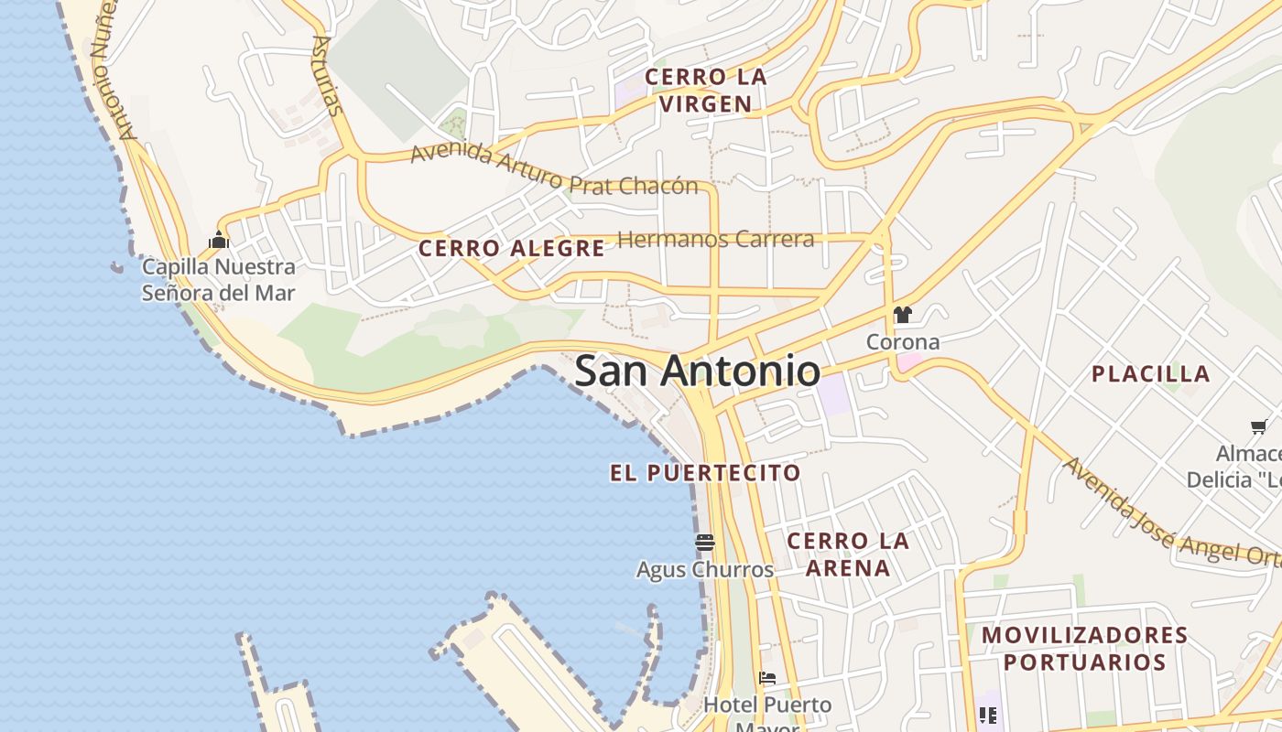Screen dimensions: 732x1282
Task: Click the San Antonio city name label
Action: tap(697, 371)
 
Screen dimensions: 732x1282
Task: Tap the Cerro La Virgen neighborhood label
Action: tap(705, 91)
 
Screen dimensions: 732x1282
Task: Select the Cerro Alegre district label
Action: tap(511, 248)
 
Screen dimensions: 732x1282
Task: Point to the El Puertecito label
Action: tap(705, 473)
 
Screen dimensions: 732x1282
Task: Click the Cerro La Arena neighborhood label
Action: tap(848, 554)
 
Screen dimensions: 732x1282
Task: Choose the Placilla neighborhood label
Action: tap(1150, 373)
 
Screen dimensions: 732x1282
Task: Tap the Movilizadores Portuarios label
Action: tap(1084, 648)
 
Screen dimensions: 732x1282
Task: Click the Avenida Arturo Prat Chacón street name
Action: tap(553, 172)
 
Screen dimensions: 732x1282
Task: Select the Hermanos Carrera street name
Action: tap(715, 240)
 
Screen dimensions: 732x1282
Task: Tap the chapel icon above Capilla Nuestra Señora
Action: tap(218, 241)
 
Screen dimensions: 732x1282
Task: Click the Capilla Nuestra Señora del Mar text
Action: tap(218, 280)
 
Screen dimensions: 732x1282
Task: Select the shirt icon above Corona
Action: tap(903, 316)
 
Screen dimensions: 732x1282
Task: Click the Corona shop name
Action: tap(903, 342)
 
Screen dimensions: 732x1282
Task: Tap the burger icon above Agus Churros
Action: tap(704, 543)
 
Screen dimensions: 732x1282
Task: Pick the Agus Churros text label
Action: tap(704, 569)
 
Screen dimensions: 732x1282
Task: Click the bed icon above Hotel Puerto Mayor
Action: tap(767, 678)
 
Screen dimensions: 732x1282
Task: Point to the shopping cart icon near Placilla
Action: tap(1259, 426)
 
